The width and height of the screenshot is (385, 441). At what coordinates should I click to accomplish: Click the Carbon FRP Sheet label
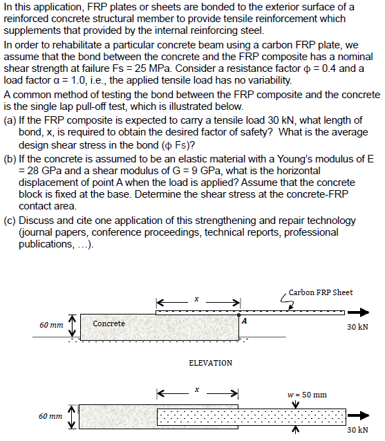coord(321,292)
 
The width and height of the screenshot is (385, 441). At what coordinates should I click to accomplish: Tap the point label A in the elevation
coord(245,320)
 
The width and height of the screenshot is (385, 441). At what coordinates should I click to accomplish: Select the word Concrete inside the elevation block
coord(109,323)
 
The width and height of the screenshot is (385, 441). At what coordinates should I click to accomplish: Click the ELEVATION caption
coord(210,363)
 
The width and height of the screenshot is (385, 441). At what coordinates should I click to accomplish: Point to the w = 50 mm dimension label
coord(306,395)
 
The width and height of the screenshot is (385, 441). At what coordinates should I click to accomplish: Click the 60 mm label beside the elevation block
coord(53,325)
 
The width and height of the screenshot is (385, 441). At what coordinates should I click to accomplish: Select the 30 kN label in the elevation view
coord(357,328)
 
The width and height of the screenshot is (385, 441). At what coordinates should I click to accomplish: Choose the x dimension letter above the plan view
coord(196,391)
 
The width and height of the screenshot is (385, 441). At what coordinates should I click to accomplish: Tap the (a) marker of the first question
coord(10,121)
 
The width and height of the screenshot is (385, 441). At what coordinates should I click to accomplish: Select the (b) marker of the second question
coord(10,159)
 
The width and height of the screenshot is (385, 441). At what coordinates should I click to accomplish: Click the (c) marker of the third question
coord(10,220)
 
